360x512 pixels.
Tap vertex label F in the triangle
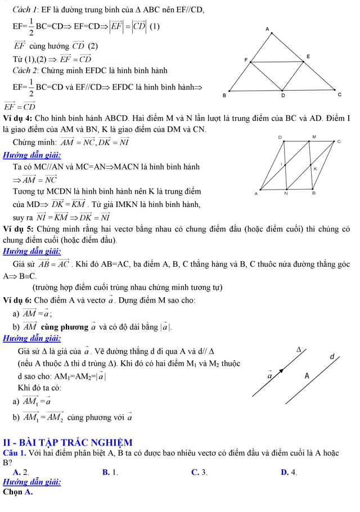pyautogui.click(x=245, y=59)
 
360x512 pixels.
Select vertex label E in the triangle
pyautogui.click(x=308, y=57)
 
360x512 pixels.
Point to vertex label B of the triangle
pyautogui.click(x=224, y=95)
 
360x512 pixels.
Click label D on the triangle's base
pyautogui.click(x=283, y=96)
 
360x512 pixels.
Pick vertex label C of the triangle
pyautogui.click(x=339, y=95)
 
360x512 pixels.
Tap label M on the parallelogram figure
pyautogui.click(x=314, y=136)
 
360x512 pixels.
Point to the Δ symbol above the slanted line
pyautogui.click(x=299, y=349)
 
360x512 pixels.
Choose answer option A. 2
pyautogui.click(x=21, y=472)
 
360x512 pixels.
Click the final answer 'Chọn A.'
pyautogui.click(x=18, y=492)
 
